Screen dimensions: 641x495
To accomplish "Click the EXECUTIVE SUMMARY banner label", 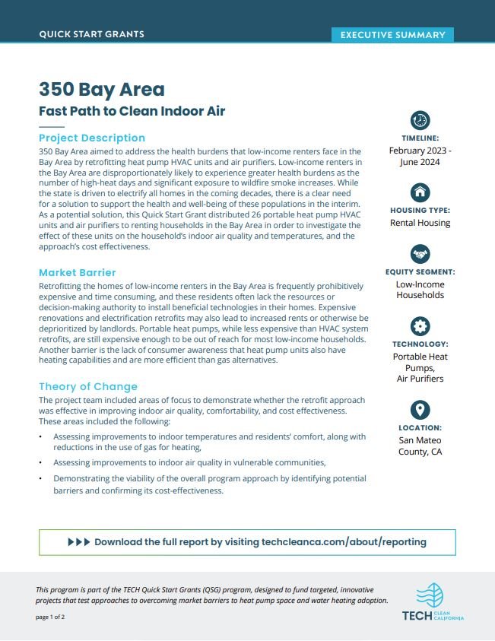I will pyautogui.click(x=392, y=35).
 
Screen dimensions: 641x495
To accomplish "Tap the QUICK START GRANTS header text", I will pyautogui.click(x=91, y=34).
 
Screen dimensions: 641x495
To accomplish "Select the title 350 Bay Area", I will pyautogui.click(x=101, y=89).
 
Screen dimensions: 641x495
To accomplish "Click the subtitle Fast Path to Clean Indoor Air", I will pyautogui.click(x=132, y=111).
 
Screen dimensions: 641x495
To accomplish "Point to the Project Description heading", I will pyautogui.click(x=91, y=138).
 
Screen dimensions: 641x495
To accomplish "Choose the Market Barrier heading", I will pyautogui.click(x=77, y=272).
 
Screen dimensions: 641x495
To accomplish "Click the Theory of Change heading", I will pyautogui.click(x=87, y=386).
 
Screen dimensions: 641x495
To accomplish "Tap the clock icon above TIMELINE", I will pyautogui.click(x=420, y=120).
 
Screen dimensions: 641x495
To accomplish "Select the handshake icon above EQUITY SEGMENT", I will pyautogui.click(x=420, y=253).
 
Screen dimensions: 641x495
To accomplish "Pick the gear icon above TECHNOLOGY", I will pyautogui.click(x=420, y=326).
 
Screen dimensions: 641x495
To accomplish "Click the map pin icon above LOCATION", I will pyautogui.click(x=420, y=410).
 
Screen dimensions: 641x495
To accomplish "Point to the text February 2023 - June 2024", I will pyautogui.click(x=420, y=157).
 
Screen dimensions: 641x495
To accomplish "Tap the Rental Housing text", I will pyautogui.click(x=420, y=223).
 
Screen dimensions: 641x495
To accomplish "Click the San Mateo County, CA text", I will pyautogui.click(x=420, y=446).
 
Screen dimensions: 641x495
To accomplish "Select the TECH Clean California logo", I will pyautogui.click(x=433, y=602).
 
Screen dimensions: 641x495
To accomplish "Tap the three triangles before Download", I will pyautogui.click(x=78, y=542).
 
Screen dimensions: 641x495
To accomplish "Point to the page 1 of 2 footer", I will pyautogui.click(x=50, y=617).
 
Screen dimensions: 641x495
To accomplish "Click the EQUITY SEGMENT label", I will pyautogui.click(x=420, y=271).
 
